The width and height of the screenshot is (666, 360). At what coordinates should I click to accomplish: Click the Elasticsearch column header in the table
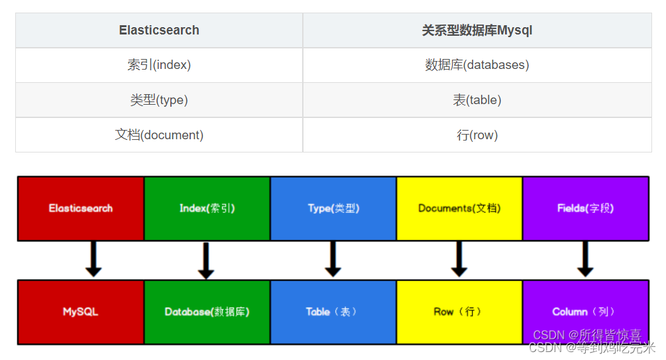click(159, 30)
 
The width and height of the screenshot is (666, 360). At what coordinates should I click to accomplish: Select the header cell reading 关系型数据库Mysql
click(477, 30)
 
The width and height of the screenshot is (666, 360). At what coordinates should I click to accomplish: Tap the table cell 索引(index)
click(159, 65)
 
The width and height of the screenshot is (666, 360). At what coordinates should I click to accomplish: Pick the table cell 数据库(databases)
click(477, 65)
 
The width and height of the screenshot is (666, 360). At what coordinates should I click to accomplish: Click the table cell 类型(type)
click(159, 100)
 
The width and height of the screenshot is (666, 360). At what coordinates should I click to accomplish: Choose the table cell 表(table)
click(477, 100)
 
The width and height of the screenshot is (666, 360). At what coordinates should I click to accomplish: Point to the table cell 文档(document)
click(159, 135)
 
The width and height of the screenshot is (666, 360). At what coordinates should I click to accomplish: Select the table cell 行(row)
click(477, 135)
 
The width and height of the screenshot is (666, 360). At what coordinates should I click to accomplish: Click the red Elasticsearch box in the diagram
click(81, 208)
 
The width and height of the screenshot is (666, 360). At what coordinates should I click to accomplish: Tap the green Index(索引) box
click(207, 208)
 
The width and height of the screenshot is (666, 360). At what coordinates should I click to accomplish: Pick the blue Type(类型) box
click(333, 208)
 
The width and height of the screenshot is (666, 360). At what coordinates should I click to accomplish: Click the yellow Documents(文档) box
click(459, 208)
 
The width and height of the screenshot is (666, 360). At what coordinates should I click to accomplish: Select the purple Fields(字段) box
click(585, 208)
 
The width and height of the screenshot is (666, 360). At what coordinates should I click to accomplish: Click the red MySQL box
click(81, 312)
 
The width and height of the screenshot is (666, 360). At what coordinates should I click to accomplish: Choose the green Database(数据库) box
click(207, 312)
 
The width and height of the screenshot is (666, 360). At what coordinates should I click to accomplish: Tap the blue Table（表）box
click(333, 312)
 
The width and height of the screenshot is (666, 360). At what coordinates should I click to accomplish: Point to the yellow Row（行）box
click(459, 312)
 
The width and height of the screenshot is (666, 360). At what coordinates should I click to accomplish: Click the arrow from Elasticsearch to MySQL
click(93, 259)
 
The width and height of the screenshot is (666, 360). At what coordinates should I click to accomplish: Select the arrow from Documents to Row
click(459, 259)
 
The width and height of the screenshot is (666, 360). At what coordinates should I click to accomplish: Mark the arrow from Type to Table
click(333, 259)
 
